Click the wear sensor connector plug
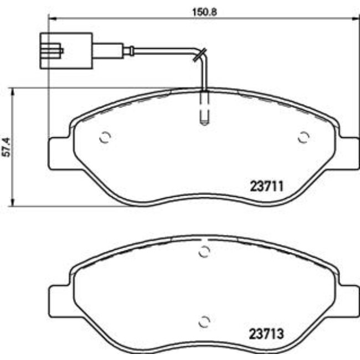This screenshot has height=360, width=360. [65, 51]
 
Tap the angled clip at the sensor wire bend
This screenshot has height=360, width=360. [200, 54]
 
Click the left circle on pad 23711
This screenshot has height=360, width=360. [105, 138]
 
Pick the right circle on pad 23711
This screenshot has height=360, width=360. [303, 138]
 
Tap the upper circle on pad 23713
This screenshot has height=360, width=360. [204, 251]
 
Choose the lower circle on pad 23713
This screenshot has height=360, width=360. [204, 321]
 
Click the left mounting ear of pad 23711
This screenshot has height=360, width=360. [60, 152]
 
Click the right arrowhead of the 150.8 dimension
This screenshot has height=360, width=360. [352, 18]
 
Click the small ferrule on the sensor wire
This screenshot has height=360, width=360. [131, 52]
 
